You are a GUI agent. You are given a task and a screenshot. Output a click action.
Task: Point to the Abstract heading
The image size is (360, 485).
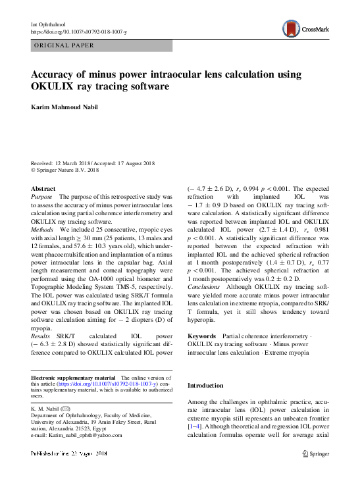coord(43,188)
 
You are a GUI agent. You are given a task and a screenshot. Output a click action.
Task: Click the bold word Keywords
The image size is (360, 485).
coord(202,336)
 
